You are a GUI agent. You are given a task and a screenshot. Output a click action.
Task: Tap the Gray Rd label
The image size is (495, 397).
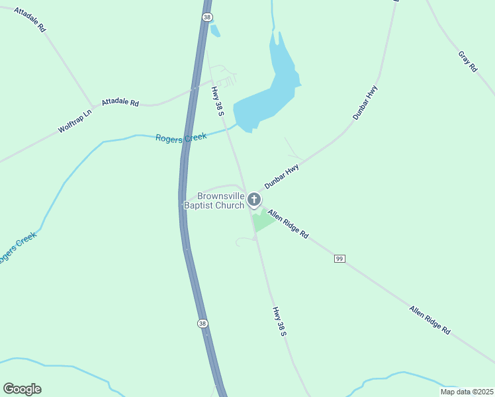467,61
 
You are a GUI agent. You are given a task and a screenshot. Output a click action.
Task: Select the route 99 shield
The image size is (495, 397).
339,258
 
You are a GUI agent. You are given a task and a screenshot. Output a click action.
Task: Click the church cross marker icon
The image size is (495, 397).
254,198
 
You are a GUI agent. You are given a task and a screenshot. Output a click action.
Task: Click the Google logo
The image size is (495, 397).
22,389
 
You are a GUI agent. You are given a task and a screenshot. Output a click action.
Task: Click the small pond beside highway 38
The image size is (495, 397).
215,30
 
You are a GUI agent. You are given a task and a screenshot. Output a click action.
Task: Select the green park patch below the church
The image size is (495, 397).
263,220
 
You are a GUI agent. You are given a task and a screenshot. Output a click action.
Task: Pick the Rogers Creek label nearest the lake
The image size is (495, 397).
181,137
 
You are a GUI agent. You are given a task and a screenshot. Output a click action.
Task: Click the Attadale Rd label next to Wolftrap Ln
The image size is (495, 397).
120,103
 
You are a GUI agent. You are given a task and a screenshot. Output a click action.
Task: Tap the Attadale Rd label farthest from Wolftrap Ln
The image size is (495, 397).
29,21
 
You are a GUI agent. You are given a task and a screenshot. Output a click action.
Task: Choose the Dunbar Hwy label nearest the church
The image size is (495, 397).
282,177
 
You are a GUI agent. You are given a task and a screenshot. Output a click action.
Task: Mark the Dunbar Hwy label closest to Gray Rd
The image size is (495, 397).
365,102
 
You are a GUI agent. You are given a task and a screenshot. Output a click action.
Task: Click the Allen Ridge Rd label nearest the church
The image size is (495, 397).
288,224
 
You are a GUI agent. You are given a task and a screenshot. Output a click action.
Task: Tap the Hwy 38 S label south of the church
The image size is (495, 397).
279,320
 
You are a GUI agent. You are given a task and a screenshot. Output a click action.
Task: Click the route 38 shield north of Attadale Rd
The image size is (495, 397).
208,17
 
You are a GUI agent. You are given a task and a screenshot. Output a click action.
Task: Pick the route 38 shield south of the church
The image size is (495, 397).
202,324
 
